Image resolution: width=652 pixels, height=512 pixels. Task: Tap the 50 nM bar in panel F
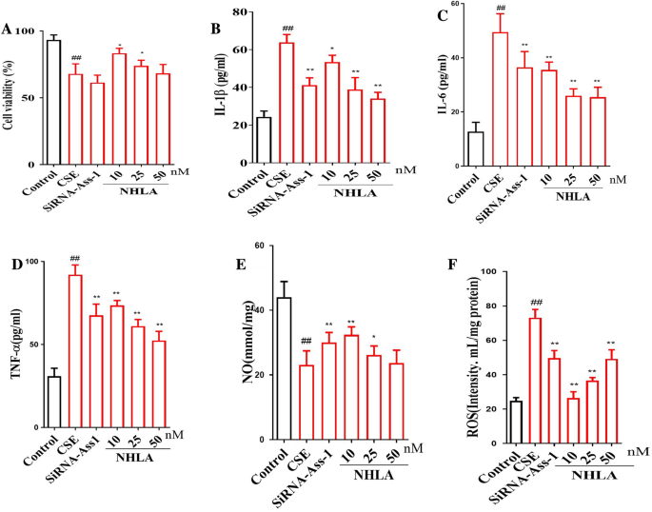click(613, 399)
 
